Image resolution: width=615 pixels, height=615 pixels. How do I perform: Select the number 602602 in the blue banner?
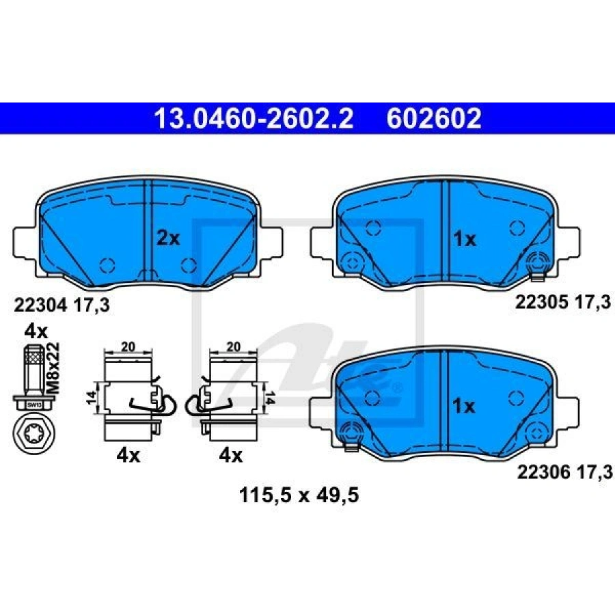[434, 120]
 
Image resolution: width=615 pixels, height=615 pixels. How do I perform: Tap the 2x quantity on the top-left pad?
[167, 238]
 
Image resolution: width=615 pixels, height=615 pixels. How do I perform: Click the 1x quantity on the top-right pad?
[464, 239]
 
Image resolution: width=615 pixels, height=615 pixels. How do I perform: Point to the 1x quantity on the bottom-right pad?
[464, 407]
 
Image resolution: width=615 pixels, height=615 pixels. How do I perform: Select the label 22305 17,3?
[562, 301]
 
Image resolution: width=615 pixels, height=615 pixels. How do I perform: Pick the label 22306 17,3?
[562, 470]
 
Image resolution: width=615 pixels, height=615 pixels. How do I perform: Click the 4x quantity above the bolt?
[36, 331]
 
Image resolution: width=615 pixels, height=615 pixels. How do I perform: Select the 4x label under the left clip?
[127, 456]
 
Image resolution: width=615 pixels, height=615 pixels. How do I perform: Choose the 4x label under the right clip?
[230, 456]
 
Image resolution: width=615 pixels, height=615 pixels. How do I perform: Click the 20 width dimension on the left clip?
[128, 347]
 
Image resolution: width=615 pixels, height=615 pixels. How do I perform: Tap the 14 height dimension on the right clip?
[270, 397]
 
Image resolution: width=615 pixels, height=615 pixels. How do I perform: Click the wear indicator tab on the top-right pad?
[537, 274]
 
